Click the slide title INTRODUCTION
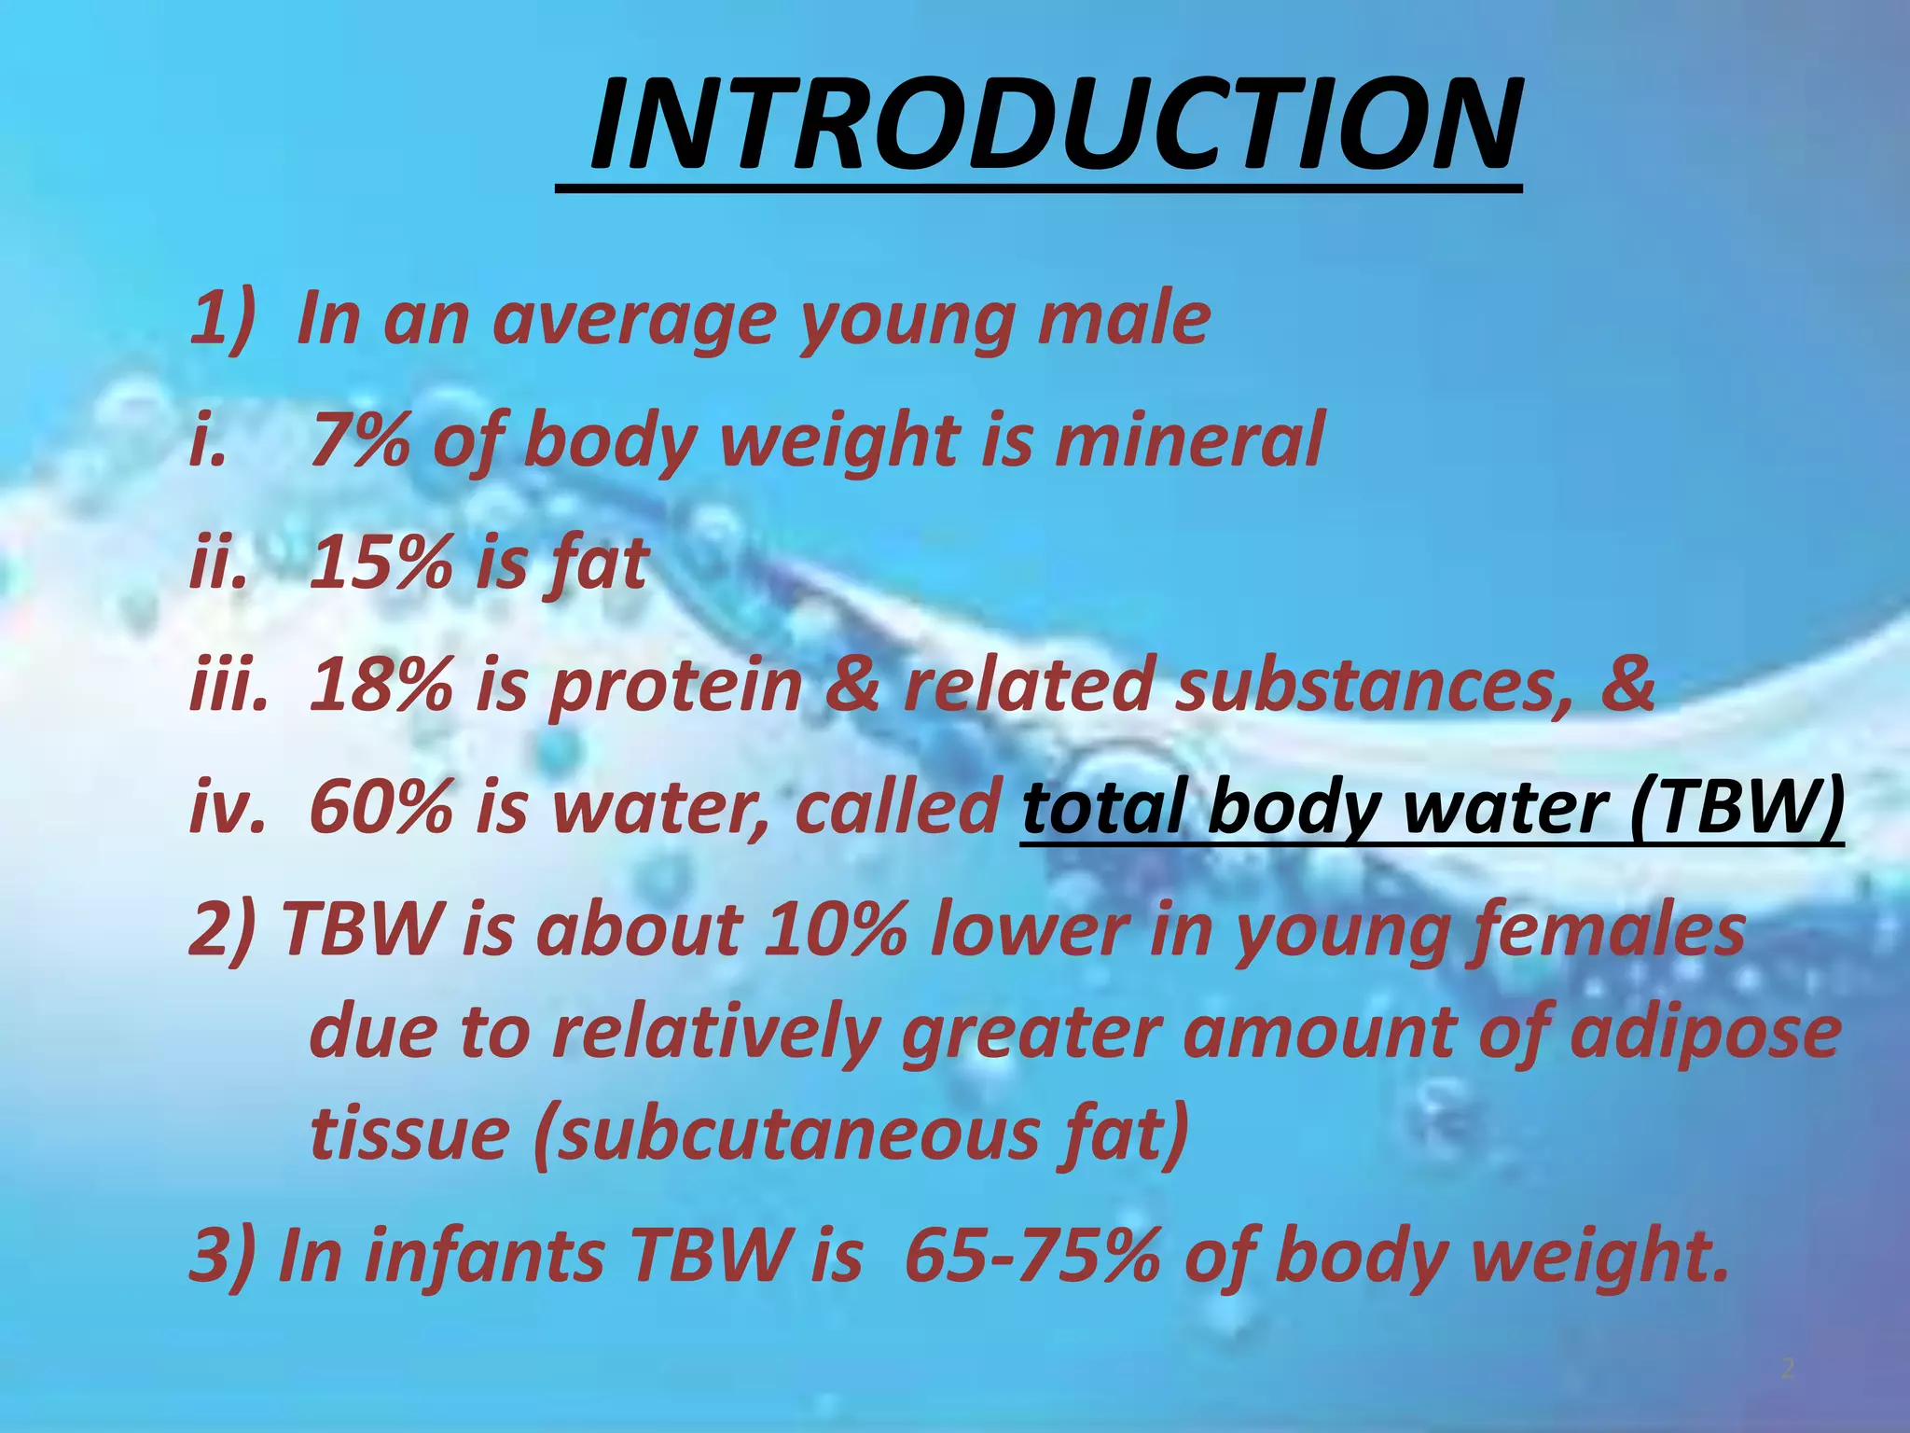1054,124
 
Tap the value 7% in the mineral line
359,439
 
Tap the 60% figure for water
380,807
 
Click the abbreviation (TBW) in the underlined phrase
1737,807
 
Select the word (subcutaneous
783,1134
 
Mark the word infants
486,1256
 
